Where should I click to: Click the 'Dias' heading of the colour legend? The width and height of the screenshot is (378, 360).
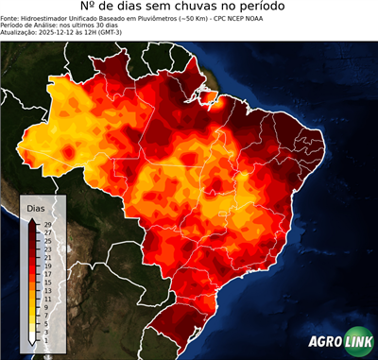(36, 207)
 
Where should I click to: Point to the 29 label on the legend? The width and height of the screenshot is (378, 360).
(46, 224)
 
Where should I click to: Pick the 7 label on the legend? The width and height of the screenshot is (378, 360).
(45, 315)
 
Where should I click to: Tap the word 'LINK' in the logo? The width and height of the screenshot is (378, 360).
(356, 343)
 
